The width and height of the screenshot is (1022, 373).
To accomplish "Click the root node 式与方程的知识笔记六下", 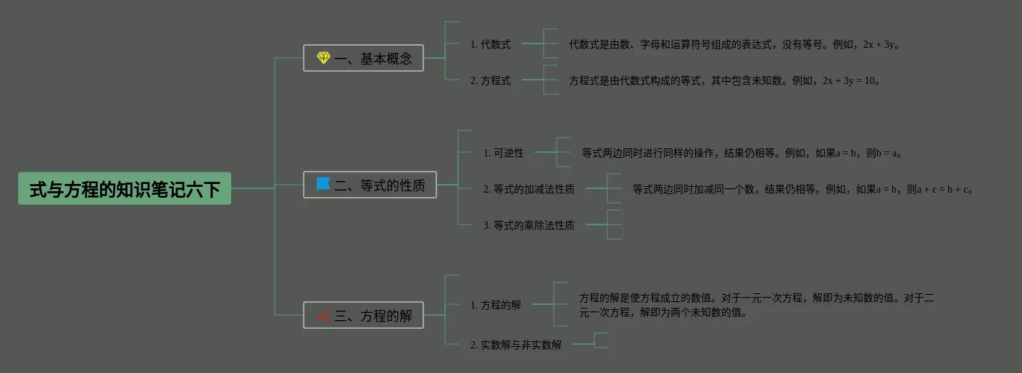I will (124, 188).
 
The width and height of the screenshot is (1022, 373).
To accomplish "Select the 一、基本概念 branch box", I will (363, 58).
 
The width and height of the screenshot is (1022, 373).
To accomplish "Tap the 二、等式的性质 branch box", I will (370, 185).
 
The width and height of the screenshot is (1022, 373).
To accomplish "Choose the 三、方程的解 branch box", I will (363, 315).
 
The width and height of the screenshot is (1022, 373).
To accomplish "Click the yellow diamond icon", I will (323, 58).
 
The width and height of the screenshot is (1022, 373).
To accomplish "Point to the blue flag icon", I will (323, 185).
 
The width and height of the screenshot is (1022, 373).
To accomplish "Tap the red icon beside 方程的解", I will (323, 315).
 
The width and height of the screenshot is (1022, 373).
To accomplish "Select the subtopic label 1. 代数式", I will (491, 44).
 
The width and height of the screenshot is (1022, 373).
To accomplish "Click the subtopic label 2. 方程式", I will (491, 80).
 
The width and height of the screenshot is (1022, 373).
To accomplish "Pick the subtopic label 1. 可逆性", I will (504, 153).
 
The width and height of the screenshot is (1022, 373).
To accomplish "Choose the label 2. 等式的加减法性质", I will (529, 189).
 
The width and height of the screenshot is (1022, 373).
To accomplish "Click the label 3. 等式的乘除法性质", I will (529, 225).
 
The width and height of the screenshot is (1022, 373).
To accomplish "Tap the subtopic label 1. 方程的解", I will (496, 305).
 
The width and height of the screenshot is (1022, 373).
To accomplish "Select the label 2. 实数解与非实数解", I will (516, 345).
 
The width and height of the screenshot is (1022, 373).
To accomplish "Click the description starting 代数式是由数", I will (734, 44).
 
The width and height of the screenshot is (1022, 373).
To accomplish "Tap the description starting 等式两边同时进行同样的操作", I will (741, 153).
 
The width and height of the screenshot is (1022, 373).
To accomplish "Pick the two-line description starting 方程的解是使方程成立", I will (756, 305).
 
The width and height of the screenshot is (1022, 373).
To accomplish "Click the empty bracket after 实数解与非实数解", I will (602, 340).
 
